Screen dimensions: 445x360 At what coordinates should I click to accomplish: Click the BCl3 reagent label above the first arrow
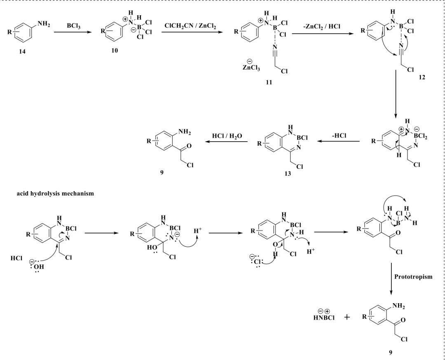73,26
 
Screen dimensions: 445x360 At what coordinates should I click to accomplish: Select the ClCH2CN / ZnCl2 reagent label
190,26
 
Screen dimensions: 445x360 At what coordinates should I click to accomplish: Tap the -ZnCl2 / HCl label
321,26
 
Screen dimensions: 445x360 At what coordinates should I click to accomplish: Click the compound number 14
22,51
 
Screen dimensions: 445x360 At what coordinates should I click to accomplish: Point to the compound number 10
115,51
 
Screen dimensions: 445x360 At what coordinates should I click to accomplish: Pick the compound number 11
269,82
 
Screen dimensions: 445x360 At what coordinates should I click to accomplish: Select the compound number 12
422,77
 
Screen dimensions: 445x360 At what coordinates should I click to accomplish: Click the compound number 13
288,174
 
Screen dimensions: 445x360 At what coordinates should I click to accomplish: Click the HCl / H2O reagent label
227,136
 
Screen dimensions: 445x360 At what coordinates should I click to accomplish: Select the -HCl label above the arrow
339,136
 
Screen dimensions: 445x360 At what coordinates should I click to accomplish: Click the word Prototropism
413,277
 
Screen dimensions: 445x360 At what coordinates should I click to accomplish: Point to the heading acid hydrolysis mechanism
55,194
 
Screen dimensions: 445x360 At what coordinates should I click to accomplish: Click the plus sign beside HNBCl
347,317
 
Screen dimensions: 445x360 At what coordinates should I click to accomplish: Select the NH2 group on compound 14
44,24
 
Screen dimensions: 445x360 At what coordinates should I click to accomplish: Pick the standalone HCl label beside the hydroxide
16,258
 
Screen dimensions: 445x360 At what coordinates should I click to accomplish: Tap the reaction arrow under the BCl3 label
73,32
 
